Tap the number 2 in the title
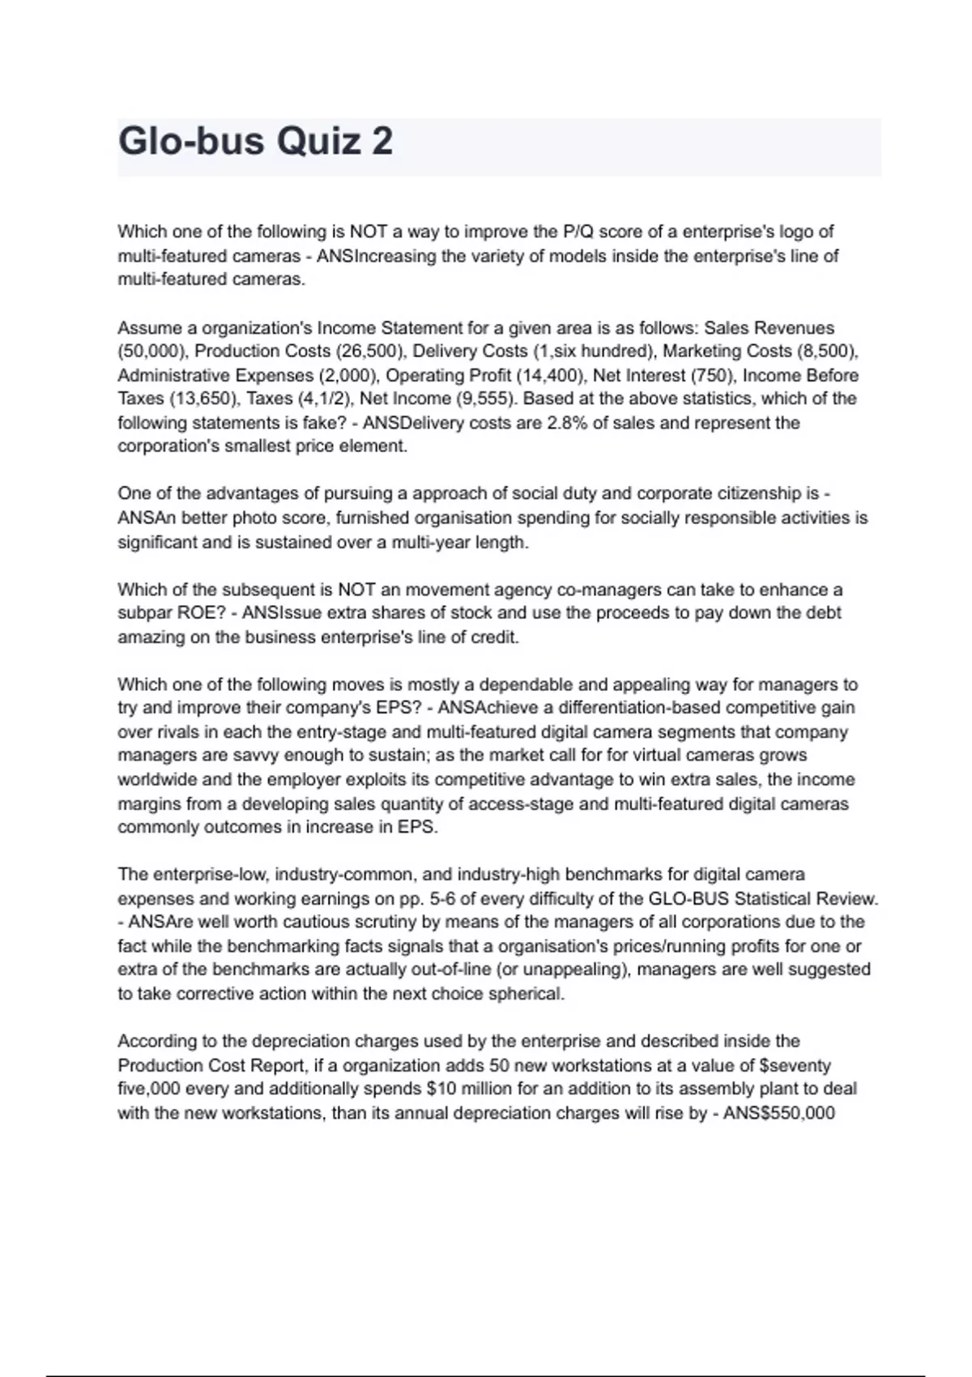click(x=382, y=142)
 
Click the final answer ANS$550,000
click(x=778, y=1113)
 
